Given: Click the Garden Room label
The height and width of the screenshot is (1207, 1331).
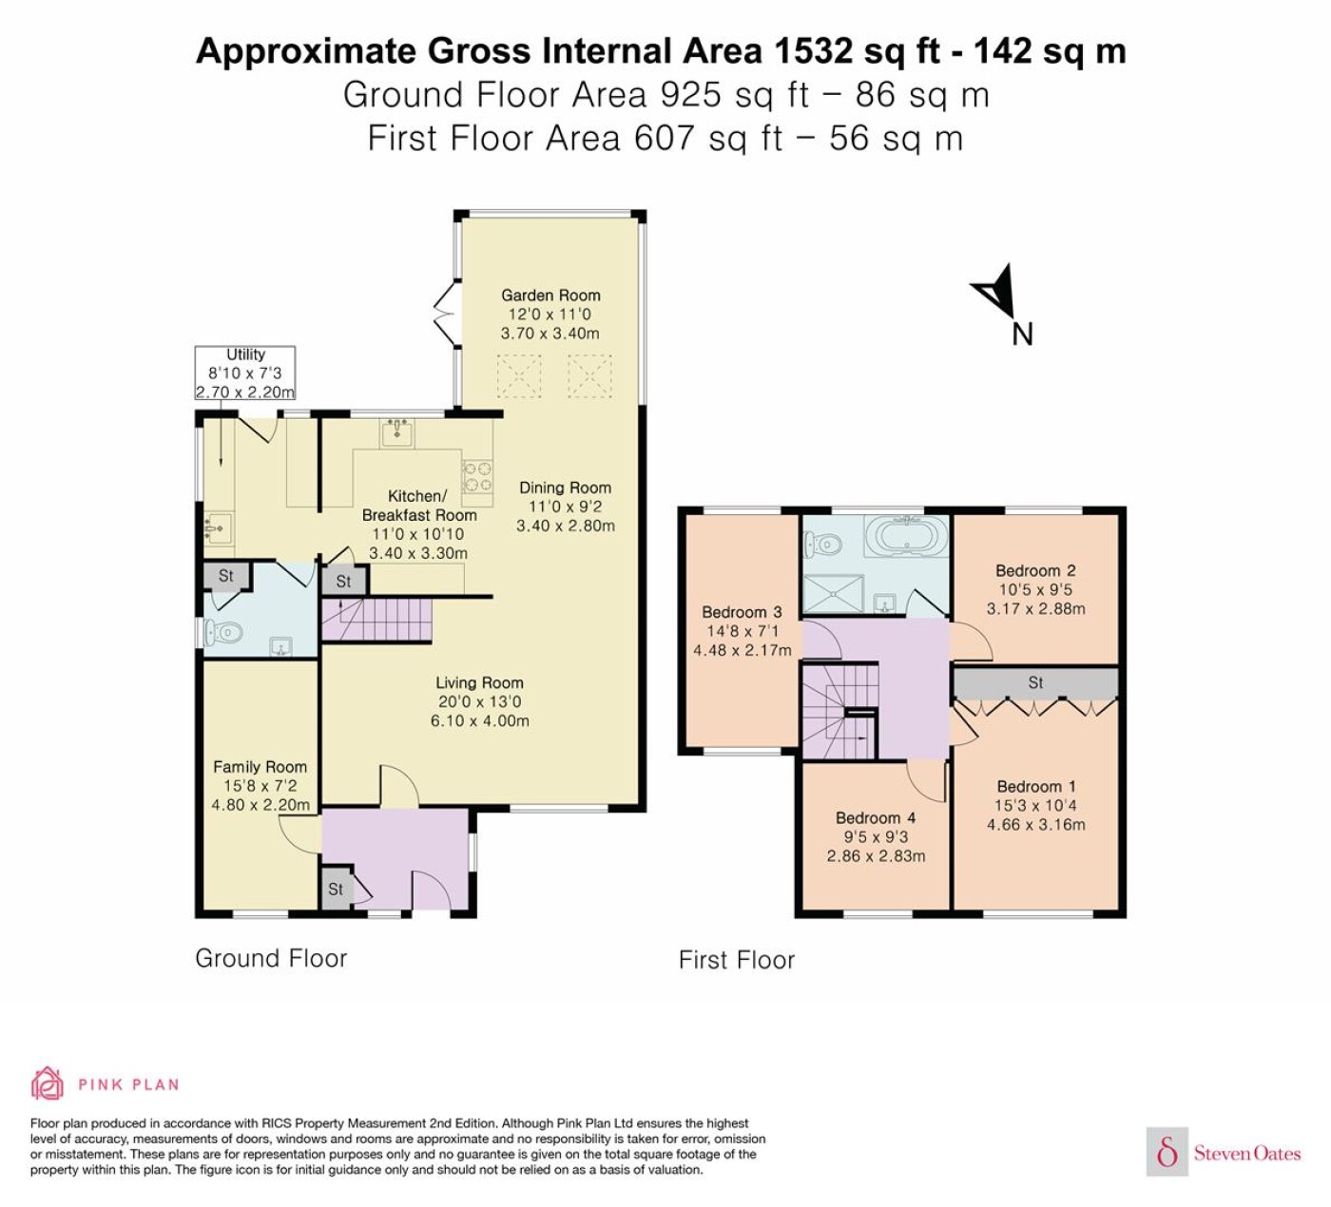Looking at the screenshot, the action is click(550, 296).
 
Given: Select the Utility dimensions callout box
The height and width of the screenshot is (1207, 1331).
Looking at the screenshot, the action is click(245, 373).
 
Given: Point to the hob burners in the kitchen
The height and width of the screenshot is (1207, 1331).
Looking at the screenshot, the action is click(477, 475).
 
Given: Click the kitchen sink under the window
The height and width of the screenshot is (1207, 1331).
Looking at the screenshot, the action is click(396, 432).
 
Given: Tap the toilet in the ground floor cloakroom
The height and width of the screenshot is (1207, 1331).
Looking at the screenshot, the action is click(221, 632).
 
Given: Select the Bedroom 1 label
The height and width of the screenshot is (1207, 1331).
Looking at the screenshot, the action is click(1035, 786).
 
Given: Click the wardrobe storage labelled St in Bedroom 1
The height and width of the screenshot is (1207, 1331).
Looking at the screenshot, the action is click(1035, 682).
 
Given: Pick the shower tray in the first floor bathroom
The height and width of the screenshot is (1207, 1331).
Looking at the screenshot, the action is click(834, 594).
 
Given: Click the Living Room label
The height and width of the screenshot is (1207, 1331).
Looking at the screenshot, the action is click(479, 682).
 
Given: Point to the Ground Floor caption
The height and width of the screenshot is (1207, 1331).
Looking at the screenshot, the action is click(271, 958).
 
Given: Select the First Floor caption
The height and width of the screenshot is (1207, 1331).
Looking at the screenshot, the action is click(737, 960).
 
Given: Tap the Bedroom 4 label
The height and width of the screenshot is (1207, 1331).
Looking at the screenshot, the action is click(876, 817).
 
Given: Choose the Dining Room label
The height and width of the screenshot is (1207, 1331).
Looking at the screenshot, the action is click(565, 488).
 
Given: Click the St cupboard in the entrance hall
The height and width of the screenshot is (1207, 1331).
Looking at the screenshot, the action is click(336, 889).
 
